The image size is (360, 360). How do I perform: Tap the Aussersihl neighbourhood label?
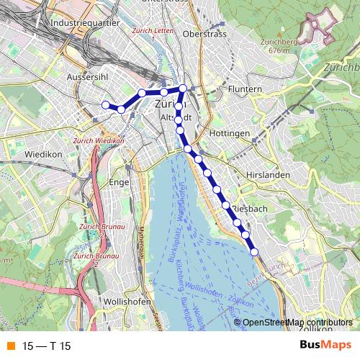coord(86,77)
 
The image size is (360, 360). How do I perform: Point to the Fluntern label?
coord(227,89)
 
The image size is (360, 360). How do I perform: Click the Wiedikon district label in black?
coord(45,154)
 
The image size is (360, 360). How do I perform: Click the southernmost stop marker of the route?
coord(254,251)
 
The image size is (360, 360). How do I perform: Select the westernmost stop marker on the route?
coord(105,105)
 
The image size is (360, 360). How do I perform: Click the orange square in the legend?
coord(10,346)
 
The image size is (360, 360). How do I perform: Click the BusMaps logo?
coord(325,345)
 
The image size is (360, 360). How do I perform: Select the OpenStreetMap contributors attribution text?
coord(297,323)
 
